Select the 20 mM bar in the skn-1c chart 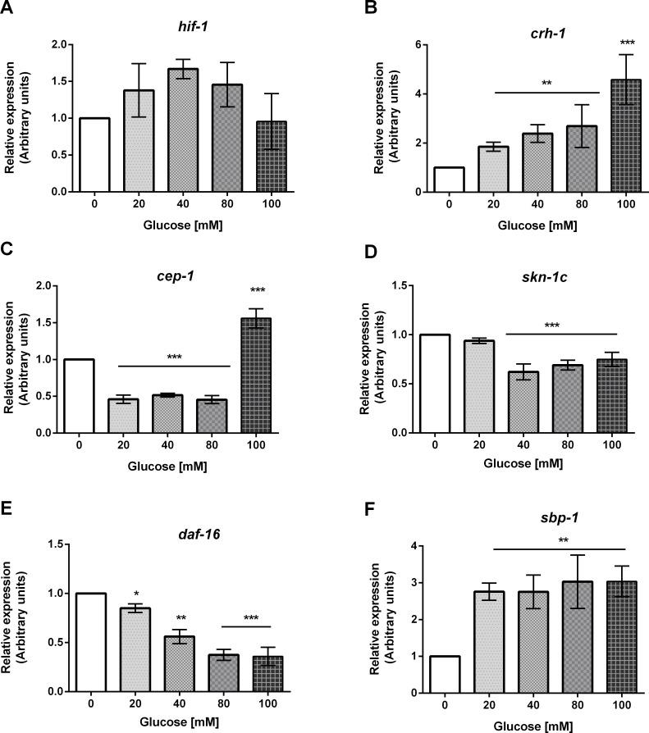pos(450,386)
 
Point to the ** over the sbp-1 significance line pos(560,540)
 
